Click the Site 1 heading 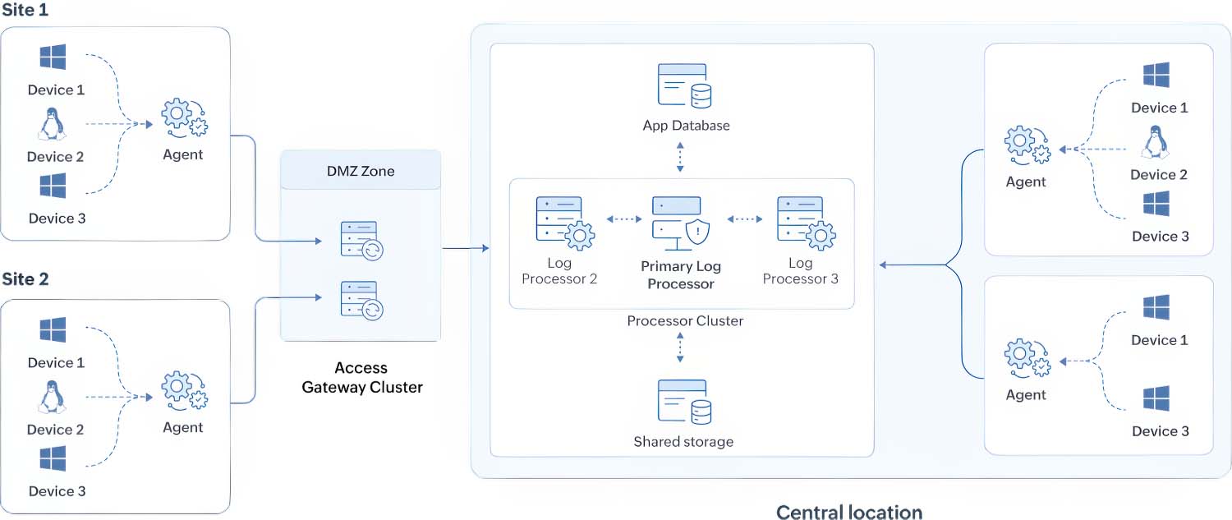[25, 12]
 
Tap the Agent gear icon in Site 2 [184, 391]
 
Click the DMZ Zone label [361, 171]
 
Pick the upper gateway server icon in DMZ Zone [361, 239]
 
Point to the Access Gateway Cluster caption [361, 377]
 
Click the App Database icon [684, 86]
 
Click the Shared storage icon [684, 402]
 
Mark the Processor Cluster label [685, 320]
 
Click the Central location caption [848, 512]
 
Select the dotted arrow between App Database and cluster [680, 156]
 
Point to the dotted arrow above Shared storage [680, 348]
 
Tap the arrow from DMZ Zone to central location [465, 247]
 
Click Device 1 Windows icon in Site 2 [53, 330]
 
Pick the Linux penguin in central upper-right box [1156, 142]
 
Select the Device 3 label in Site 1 [57, 219]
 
